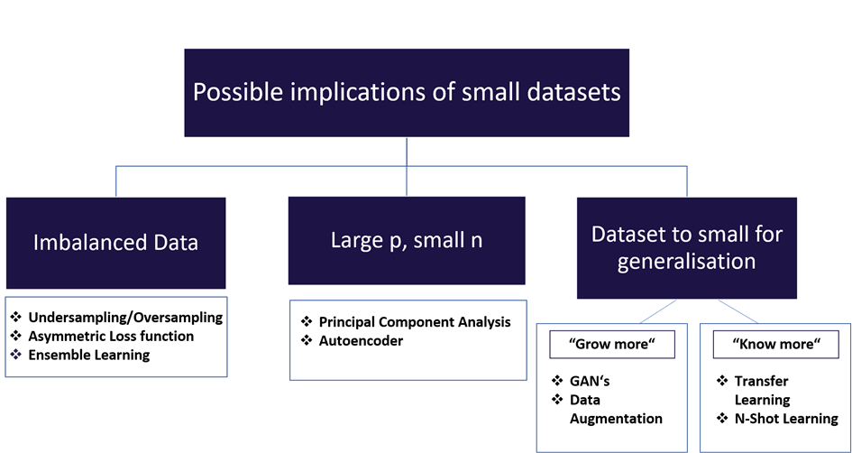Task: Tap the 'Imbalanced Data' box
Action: point(115,242)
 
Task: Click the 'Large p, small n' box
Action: point(406,241)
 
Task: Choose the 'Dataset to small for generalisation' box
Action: point(686,247)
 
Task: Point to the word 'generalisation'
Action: point(686,263)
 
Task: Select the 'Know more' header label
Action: point(774,344)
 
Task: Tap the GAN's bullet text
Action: point(590,382)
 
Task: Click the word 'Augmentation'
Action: point(616,418)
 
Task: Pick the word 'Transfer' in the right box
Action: point(764,382)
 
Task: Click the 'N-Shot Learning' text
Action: point(785,418)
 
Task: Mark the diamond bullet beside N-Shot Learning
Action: point(722,418)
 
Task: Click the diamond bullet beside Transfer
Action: point(722,382)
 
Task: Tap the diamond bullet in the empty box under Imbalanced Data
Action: point(15,355)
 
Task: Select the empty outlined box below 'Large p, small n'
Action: point(408,340)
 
